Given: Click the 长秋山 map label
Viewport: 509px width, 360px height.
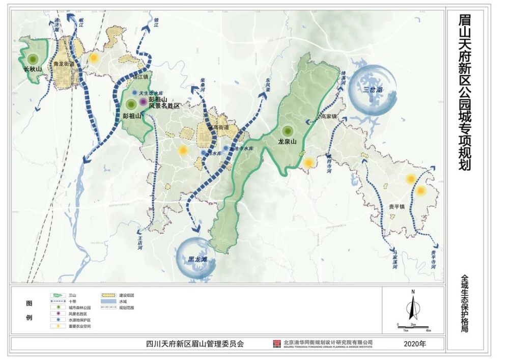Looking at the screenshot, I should (x=33, y=69).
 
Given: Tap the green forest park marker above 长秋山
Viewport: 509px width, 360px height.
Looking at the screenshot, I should (x=33, y=59).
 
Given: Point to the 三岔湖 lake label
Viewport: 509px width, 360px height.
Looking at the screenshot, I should (x=373, y=90).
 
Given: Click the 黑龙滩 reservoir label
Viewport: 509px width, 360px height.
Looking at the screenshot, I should (x=197, y=259).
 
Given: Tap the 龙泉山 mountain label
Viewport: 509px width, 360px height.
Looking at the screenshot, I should (x=288, y=142).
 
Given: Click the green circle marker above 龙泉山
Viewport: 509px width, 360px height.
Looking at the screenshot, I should (x=288, y=131).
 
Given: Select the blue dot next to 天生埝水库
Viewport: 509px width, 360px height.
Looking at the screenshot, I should (x=134, y=93).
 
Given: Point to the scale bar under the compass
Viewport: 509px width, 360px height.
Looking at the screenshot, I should (x=413, y=326).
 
